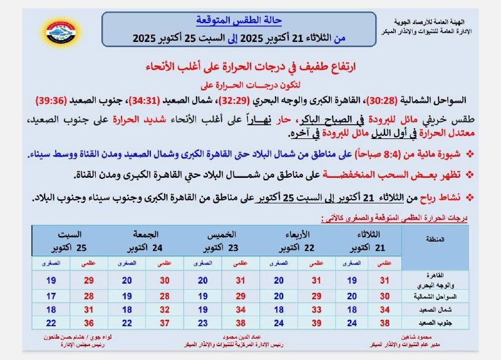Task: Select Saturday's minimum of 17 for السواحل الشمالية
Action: click(51, 296)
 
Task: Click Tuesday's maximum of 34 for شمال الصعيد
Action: click(385, 309)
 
